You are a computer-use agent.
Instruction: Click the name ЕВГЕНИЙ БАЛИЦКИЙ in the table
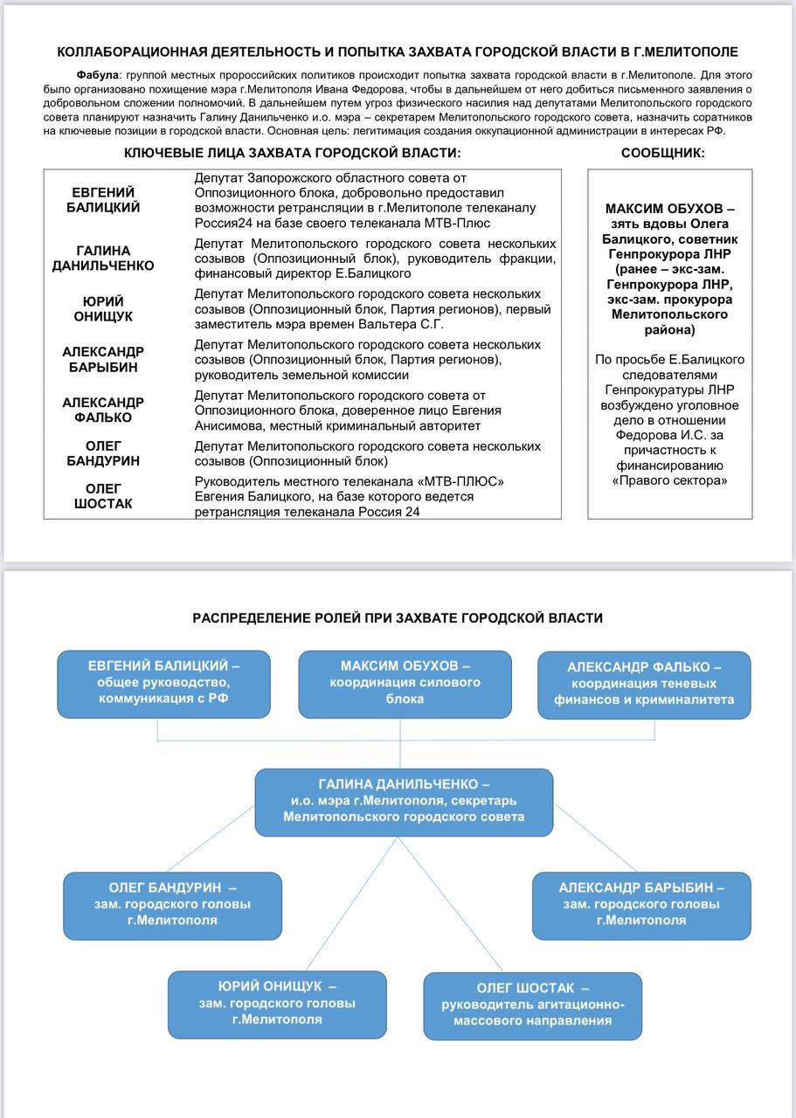click(x=103, y=200)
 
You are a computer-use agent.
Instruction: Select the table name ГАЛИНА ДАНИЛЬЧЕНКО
click(x=103, y=259)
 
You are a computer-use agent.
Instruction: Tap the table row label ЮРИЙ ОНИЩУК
click(x=103, y=309)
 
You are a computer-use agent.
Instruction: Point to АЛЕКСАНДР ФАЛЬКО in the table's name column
click(x=103, y=410)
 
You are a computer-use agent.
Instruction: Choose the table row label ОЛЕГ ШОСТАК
click(x=103, y=496)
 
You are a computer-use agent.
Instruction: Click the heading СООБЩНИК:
click(x=662, y=153)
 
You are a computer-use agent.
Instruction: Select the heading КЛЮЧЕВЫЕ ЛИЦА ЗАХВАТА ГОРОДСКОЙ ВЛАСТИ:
click(x=292, y=153)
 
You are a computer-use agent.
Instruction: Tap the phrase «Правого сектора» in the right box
click(x=669, y=480)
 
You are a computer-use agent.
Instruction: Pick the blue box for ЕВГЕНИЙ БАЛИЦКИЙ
click(x=164, y=684)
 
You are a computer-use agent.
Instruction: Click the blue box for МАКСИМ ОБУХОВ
click(x=405, y=684)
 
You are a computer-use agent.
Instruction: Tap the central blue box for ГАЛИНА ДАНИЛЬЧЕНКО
click(x=404, y=802)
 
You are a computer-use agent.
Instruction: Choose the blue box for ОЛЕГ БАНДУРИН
click(x=172, y=905)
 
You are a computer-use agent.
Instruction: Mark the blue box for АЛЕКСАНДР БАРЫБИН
click(x=641, y=905)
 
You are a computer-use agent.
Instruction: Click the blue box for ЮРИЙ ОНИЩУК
click(x=277, y=1004)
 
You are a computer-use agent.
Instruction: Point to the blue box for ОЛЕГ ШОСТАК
click(x=532, y=1004)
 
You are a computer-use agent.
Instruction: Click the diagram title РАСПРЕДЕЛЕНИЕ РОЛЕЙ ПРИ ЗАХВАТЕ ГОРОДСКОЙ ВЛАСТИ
click(x=398, y=618)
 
